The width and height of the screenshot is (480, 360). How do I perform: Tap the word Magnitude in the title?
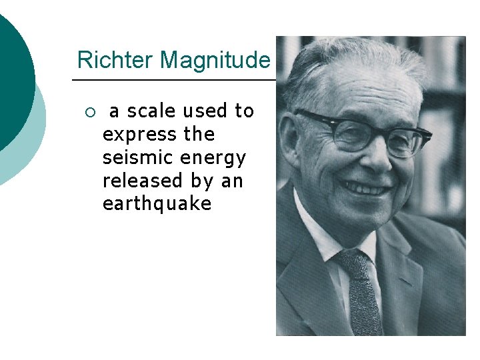215,61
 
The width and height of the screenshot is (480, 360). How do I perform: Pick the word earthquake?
157,204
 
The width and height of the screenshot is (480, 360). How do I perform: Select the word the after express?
199,135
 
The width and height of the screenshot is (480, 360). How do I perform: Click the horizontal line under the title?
173,80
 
